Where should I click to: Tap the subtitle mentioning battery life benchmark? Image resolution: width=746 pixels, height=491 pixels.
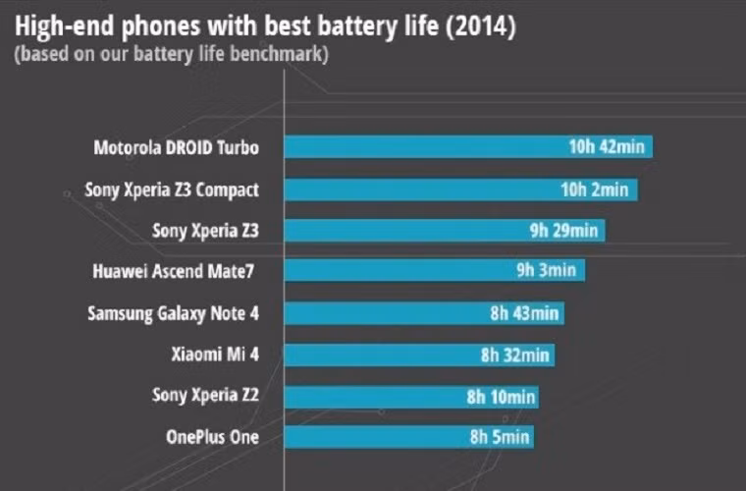(172, 54)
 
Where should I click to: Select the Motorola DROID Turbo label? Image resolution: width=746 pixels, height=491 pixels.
(177, 148)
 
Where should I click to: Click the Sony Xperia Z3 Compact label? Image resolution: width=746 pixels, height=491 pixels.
(172, 190)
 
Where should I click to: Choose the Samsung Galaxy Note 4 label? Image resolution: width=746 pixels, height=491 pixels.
(173, 313)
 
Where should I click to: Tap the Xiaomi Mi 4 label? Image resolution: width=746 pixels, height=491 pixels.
(214, 355)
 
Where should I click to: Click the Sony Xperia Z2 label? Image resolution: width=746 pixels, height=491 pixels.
(205, 396)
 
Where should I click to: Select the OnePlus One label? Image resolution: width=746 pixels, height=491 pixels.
(213, 437)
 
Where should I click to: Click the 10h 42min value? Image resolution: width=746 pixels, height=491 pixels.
(607, 148)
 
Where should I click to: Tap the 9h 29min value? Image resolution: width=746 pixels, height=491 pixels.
(562, 231)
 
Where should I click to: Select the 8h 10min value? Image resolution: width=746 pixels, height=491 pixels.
(501, 396)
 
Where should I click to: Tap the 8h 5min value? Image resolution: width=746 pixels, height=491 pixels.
(498, 437)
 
